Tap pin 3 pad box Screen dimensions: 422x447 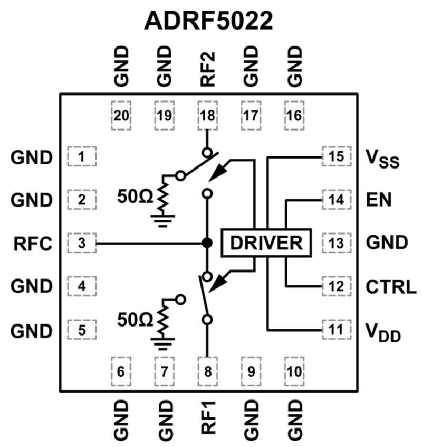pyautogui.click(x=82, y=243)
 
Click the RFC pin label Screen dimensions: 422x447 pyautogui.click(x=33, y=244)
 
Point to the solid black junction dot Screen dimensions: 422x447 pyautogui.click(x=207, y=243)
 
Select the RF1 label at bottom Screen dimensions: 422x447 pyautogui.click(x=208, y=420)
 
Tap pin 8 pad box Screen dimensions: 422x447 pyautogui.click(x=207, y=370)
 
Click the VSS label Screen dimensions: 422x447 pyautogui.click(x=382, y=158)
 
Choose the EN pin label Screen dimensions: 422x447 pyautogui.click(x=377, y=200)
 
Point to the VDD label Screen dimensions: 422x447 pyautogui.click(x=383, y=332)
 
